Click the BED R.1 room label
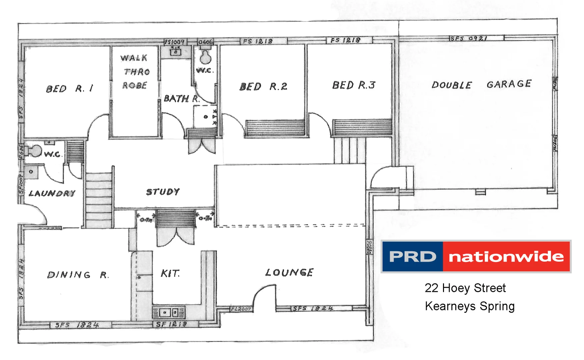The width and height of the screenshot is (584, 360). click(70, 89)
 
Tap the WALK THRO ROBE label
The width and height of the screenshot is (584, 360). click(135, 72)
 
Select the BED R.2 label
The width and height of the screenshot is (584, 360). click(263, 87)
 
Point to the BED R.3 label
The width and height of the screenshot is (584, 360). click(354, 85)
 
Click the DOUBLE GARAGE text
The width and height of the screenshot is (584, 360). click(481, 84)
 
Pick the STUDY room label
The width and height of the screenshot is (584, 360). click(163, 192)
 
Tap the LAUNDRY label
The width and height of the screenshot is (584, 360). click(52, 193)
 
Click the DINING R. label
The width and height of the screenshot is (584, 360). click(78, 275)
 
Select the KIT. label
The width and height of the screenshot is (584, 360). click(170, 274)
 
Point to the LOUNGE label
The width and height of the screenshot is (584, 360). click(289, 273)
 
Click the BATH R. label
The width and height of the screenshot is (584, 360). click(182, 99)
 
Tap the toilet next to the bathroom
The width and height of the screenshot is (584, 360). click(205, 57)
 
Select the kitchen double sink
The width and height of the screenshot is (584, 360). click(169, 313)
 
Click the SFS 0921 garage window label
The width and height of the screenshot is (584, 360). click(469, 38)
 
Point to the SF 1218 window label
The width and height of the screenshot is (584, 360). click(171, 324)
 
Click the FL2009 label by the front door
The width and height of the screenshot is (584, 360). click(241, 309)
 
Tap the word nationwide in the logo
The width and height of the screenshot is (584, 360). click(506, 257)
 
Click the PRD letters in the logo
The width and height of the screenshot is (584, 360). click(413, 257)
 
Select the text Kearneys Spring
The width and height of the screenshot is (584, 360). click(470, 306)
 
